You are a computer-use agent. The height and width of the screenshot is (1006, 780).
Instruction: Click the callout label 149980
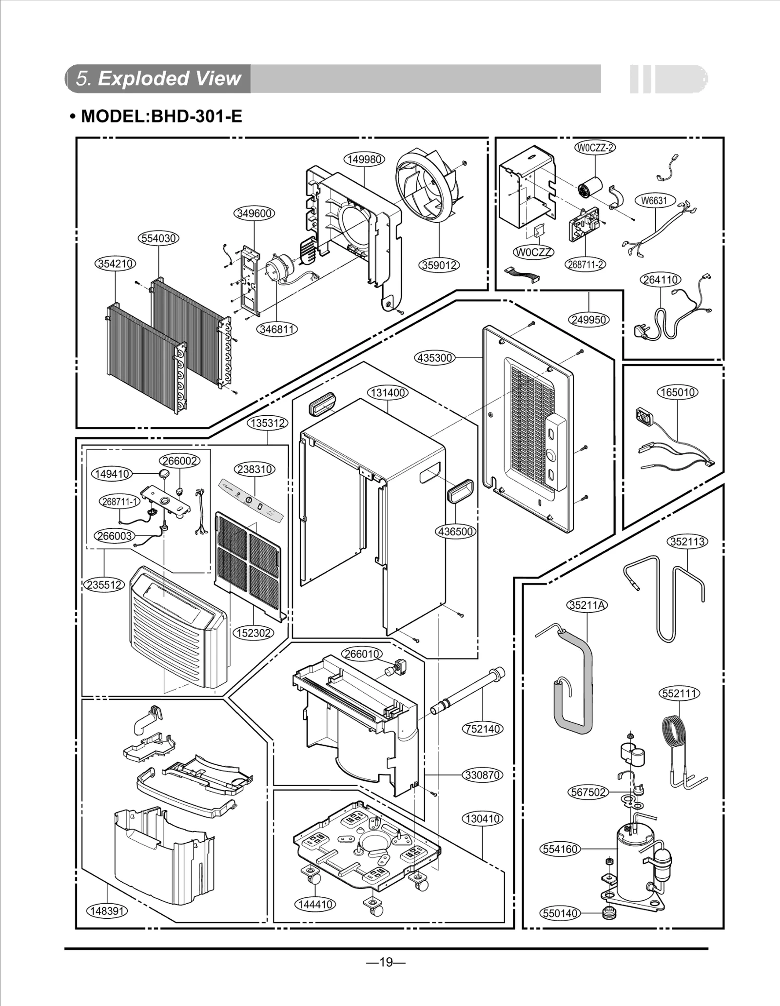364,159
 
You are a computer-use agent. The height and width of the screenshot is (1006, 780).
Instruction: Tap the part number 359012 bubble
439,265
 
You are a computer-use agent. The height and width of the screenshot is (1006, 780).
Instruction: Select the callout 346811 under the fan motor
277,329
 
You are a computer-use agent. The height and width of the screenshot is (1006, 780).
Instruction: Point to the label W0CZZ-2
595,148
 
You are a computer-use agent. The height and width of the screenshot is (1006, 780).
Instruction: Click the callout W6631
654,200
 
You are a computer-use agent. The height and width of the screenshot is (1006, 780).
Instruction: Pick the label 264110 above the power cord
660,280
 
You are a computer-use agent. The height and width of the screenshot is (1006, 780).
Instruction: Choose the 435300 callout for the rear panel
435,358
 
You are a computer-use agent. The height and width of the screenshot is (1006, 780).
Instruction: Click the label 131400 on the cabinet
388,392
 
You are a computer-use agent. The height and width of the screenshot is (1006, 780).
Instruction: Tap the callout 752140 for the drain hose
483,729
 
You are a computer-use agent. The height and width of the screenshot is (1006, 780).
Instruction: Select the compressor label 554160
560,849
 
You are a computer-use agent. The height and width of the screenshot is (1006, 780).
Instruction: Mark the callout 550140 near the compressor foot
560,913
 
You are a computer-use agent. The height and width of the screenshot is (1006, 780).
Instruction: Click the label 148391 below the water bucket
107,910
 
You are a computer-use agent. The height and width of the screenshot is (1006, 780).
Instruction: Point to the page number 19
386,962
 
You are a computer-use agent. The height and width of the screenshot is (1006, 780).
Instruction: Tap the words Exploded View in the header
170,78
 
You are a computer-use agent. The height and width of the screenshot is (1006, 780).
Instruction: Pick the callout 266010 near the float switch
362,654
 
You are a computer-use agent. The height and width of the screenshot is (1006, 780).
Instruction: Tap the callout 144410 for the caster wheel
316,905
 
